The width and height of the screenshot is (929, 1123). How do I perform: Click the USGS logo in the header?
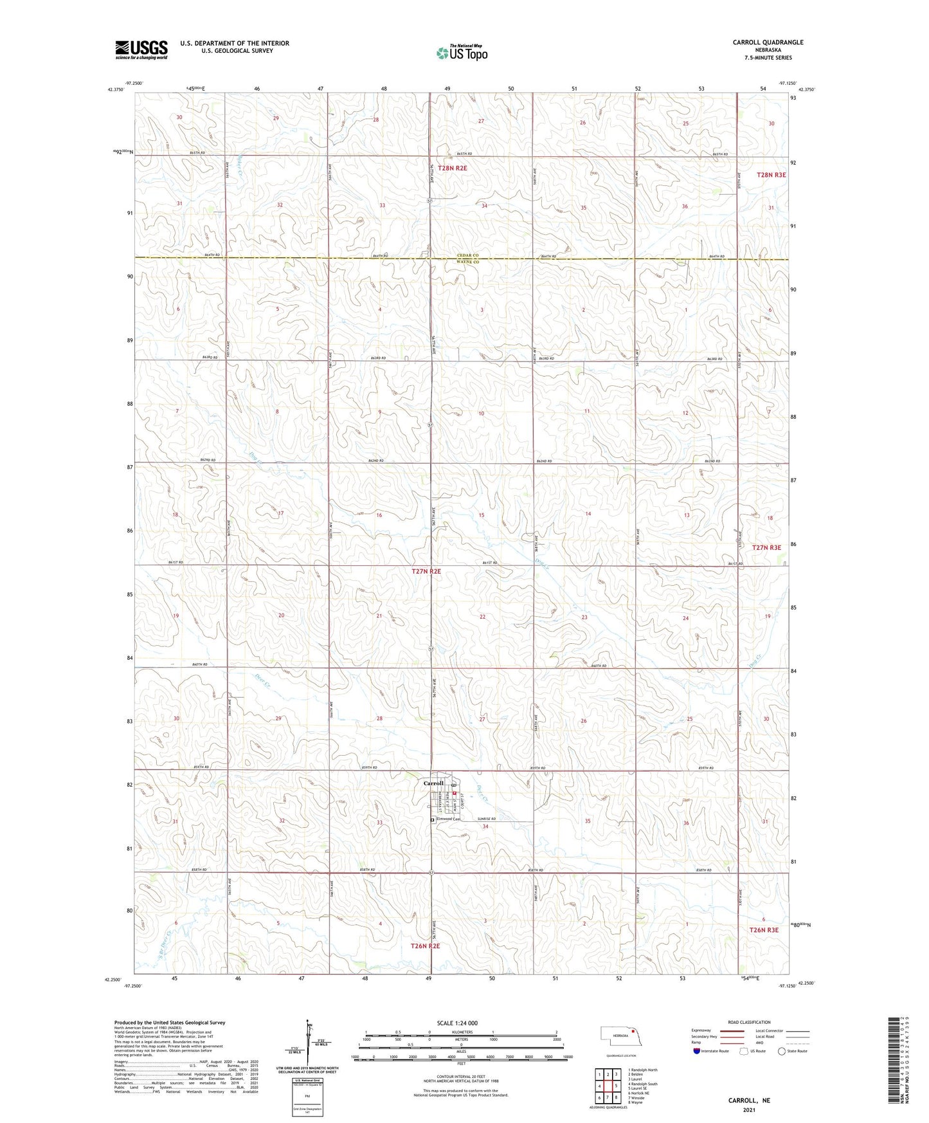(141, 50)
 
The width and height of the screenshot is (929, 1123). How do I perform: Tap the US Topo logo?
(461, 53)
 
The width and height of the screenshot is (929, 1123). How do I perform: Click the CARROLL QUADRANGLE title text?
(768, 42)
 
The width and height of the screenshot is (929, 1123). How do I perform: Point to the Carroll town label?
(433, 783)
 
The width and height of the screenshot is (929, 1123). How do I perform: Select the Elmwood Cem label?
(448, 819)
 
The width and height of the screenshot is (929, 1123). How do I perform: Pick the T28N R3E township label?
(771, 175)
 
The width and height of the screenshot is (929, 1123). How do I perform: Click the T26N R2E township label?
(426, 946)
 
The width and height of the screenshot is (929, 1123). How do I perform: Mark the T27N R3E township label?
(766, 547)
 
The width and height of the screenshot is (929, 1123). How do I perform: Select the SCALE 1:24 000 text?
(457, 1023)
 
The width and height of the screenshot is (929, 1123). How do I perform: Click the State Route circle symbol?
(782, 1051)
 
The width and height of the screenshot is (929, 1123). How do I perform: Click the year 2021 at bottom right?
(749, 1109)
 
